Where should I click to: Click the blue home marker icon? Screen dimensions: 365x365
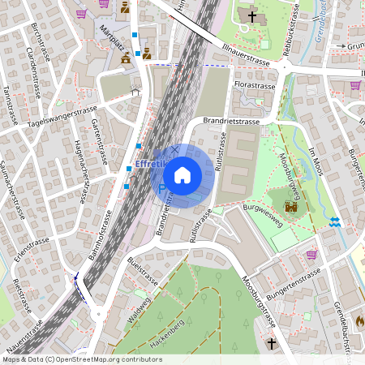point(182,174)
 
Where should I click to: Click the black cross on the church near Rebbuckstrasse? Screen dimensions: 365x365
point(251,15)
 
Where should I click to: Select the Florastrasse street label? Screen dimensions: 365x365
point(254,84)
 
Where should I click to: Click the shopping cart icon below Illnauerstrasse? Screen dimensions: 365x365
point(355,84)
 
